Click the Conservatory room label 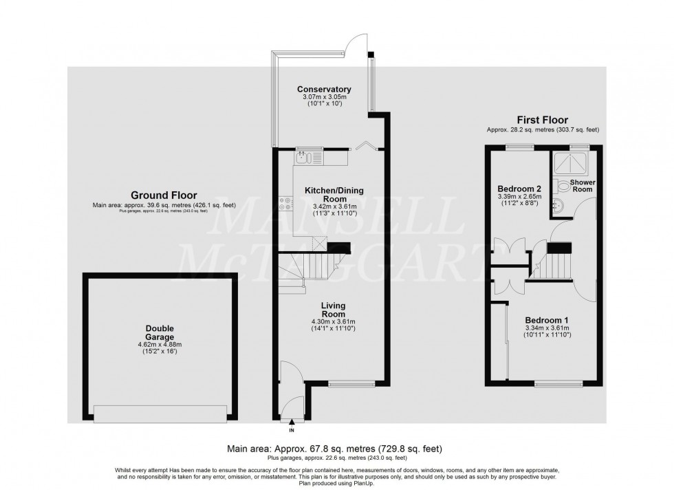[324, 89]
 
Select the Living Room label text [333, 309]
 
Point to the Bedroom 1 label [547, 320]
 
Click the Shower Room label [582, 186]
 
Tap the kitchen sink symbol [304, 158]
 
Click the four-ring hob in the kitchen [285, 203]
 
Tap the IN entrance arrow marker [292, 424]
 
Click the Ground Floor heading [155, 195]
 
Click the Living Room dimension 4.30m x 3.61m [333, 321]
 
